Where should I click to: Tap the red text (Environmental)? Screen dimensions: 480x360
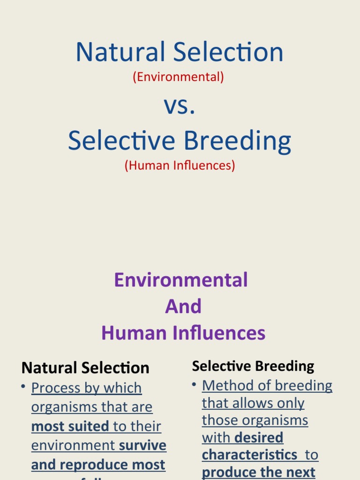[x=178, y=77]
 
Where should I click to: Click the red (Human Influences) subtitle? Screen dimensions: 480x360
[x=180, y=165]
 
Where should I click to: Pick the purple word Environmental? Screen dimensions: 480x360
[x=180, y=280]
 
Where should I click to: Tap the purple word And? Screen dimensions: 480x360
[x=183, y=307]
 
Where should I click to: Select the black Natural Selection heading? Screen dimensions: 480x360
[x=85, y=368]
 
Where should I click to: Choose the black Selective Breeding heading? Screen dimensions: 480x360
[x=253, y=366]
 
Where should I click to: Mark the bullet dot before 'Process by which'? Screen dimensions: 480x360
[x=23, y=386]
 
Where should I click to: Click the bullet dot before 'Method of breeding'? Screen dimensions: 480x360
[x=194, y=384]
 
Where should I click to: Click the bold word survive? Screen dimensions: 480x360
[x=143, y=445]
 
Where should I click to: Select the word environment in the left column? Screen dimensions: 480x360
[x=73, y=445]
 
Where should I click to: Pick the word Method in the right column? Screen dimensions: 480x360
[x=224, y=386]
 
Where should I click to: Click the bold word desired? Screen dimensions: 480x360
[x=259, y=438]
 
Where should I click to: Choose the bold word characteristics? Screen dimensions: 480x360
[x=249, y=455]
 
